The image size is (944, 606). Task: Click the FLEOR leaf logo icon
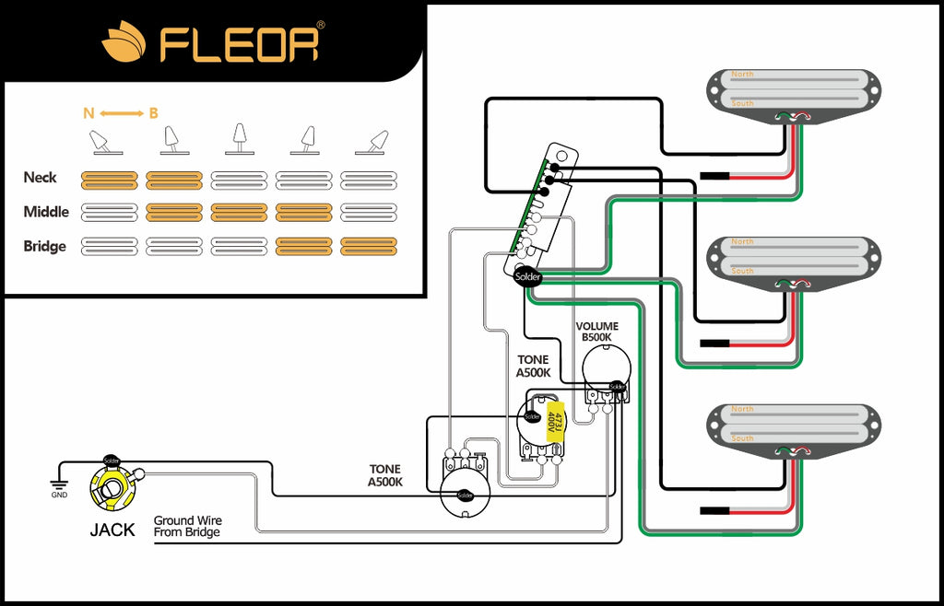(124, 43)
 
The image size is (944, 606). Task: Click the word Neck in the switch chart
(41, 177)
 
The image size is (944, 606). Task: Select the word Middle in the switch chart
(46, 212)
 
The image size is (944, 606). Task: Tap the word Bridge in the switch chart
(45, 246)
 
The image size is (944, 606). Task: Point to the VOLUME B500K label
(597, 332)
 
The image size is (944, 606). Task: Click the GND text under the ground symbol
(59, 495)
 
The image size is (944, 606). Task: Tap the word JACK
(112, 530)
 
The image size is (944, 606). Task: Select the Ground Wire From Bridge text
(188, 527)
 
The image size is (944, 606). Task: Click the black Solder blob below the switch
(527, 276)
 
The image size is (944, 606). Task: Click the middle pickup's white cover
(794, 256)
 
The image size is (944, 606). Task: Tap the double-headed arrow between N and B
(122, 113)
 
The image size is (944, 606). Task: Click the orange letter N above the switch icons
(88, 113)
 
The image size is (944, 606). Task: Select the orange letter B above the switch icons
(154, 113)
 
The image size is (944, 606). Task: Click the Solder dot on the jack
(112, 460)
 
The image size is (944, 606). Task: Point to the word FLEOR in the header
(242, 43)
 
